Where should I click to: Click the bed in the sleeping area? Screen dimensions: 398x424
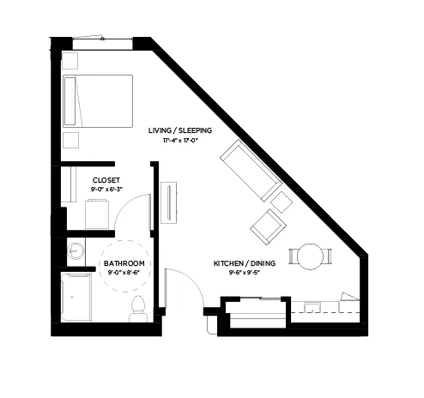coord(99,100)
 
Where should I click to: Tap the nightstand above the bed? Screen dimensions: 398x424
coord(70,61)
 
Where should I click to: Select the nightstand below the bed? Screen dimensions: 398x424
coord(70,140)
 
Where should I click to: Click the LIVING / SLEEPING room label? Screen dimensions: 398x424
coord(179,130)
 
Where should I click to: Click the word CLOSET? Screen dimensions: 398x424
coord(106,179)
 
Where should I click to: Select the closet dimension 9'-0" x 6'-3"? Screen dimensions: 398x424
coord(106,189)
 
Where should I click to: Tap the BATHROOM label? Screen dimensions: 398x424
coord(123,263)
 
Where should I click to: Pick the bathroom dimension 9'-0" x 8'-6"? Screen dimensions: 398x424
coord(123,273)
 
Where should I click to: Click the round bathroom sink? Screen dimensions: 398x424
coord(75,251)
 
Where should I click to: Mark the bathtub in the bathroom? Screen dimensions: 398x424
coord(77,298)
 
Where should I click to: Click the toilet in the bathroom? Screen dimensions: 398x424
coord(137,308)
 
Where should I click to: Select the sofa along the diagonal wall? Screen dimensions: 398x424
coord(251,172)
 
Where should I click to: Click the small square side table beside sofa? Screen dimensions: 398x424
coord(282,202)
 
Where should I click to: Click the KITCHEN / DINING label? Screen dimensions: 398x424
coord(245,263)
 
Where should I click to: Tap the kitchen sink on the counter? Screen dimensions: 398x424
coord(312,306)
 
